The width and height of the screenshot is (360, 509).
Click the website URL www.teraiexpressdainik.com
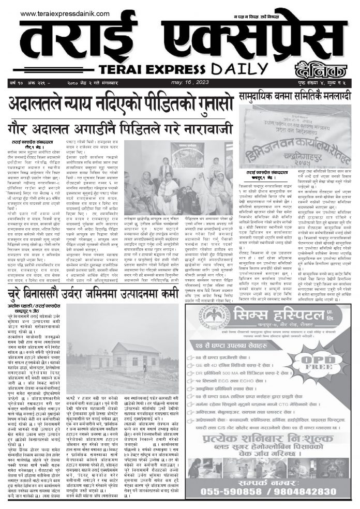click(65, 13)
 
